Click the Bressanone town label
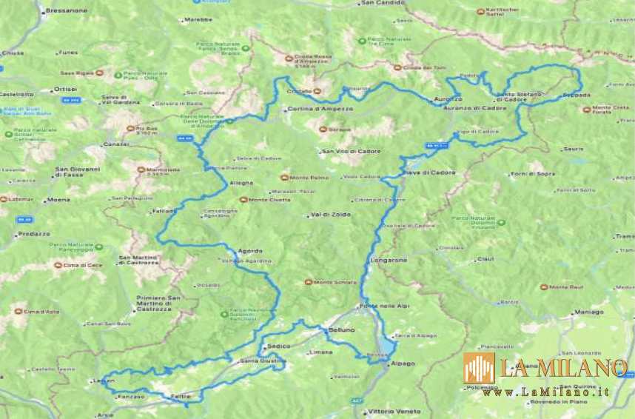(66, 11)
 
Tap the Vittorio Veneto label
(394, 411)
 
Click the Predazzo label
(34, 234)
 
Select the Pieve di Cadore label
(429, 172)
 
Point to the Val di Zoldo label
(331, 215)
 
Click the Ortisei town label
(66, 89)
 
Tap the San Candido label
(380, 3)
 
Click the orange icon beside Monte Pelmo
(284, 177)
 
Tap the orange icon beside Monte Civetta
(243, 199)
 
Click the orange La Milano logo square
(479, 368)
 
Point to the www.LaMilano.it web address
(547, 392)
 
